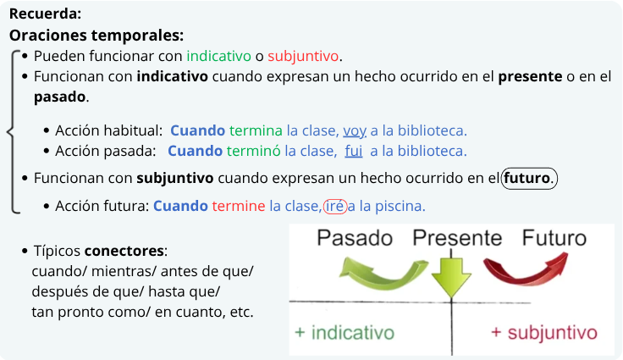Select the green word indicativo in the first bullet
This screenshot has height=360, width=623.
click(219, 56)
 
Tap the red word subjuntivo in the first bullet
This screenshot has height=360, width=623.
click(303, 56)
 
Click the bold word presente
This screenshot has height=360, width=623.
click(530, 77)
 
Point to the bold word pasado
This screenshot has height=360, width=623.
click(59, 97)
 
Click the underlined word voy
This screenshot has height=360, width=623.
click(355, 131)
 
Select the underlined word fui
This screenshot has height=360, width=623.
click(354, 151)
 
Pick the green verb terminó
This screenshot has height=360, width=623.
click(253, 151)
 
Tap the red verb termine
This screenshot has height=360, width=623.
click(239, 206)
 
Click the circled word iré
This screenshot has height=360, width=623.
click(335, 206)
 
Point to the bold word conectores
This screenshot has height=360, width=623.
click(124, 251)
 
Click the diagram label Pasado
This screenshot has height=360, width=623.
click(355, 238)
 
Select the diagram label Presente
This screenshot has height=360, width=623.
click(457, 238)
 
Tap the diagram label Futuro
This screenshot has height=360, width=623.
click(554, 238)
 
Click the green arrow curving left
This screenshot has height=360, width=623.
click(382, 281)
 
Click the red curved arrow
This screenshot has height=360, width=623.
click(525, 279)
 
